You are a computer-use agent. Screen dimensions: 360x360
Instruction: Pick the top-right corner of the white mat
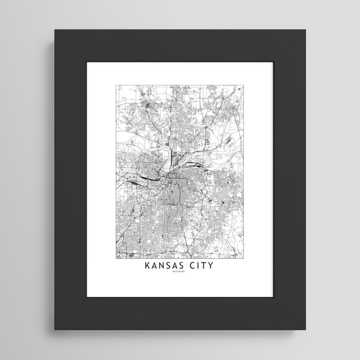(x=274, y=62)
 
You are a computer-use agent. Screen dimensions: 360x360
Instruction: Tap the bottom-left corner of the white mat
(x=86, y=297)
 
